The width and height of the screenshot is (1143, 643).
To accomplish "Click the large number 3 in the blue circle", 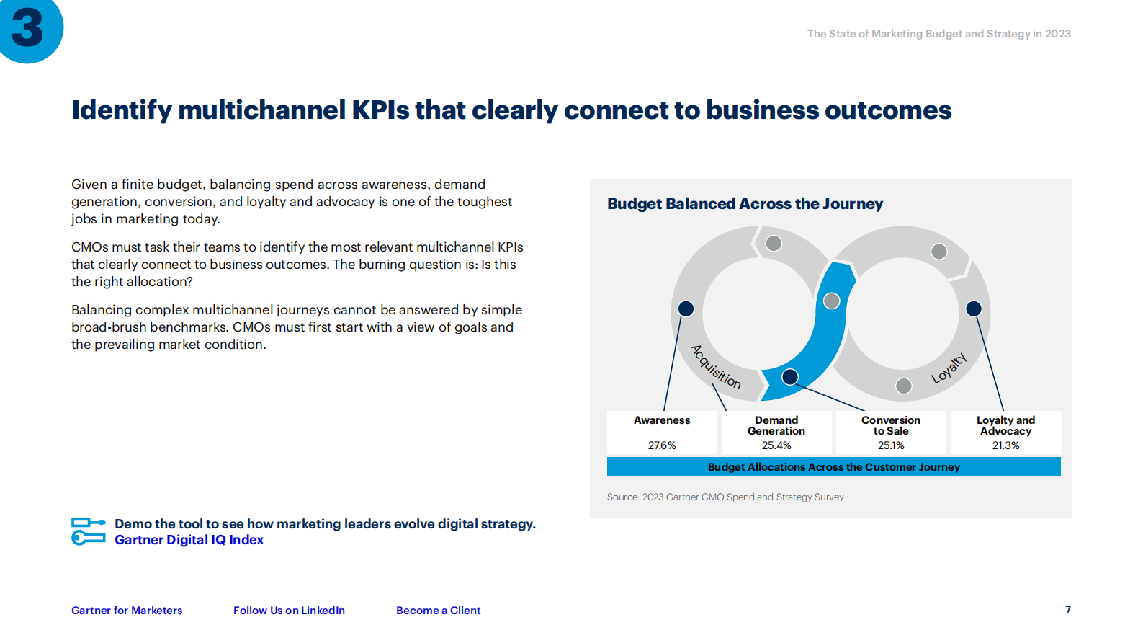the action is [x=27, y=28].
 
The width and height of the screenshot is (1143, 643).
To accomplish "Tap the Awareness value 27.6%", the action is [x=662, y=445].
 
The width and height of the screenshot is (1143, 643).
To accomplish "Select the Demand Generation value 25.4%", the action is [x=776, y=445].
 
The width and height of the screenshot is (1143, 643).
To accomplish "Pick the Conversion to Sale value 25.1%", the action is [x=890, y=445].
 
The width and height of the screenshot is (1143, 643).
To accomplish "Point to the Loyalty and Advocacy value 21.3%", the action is [x=1005, y=445].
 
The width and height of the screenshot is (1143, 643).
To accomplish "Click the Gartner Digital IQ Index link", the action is [x=189, y=540].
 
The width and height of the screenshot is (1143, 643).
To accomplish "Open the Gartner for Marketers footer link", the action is [x=127, y=611].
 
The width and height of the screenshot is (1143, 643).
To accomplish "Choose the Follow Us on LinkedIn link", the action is [x=289, y=611].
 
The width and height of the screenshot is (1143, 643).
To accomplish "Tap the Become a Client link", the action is [x=439, y=611].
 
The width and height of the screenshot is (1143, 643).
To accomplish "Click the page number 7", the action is [x=1067, y=610].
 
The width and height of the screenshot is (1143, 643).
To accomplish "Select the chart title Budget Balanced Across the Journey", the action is [x=745, y=204].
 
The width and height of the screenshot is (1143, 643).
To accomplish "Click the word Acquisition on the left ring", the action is [x=715, y=367].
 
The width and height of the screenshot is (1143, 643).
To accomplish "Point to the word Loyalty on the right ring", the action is [x=949, y=368].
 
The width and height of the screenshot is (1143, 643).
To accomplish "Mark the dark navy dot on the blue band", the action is [x=790, y=377].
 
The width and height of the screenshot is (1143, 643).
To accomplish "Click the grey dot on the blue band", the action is [x=832, y=301].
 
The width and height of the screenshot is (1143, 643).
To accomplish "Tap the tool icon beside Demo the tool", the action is [x=89, y=531].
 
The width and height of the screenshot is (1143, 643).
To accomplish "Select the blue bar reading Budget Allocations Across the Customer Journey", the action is [x=834, y=467].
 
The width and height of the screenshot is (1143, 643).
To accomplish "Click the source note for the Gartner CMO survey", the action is [x=725, y=497].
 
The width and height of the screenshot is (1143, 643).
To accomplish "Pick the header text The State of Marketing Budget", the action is [x=939, y=34].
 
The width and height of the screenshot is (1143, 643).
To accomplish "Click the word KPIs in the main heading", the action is [x=380, y=110].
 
